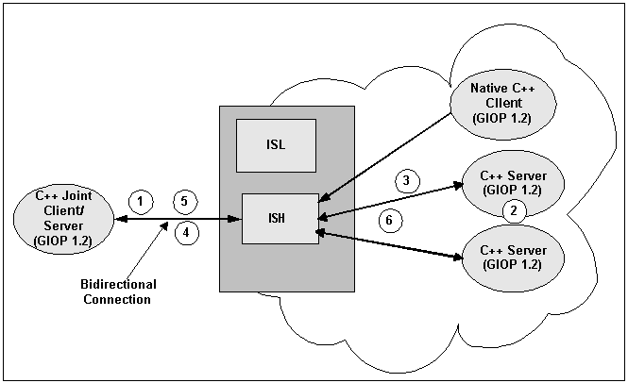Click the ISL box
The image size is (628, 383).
click(x=276, y=145)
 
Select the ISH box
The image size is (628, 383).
click(x=280, y=218)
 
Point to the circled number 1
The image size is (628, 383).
click(x=140, y=200)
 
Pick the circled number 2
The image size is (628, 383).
click(x=514, y=210)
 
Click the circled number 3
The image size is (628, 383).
click(x=405, y=179)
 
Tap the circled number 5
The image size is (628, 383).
click(x=185, y=200)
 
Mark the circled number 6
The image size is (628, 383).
click(x=390, y=221)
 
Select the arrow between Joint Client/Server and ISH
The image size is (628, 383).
click(x=175, y=219)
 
